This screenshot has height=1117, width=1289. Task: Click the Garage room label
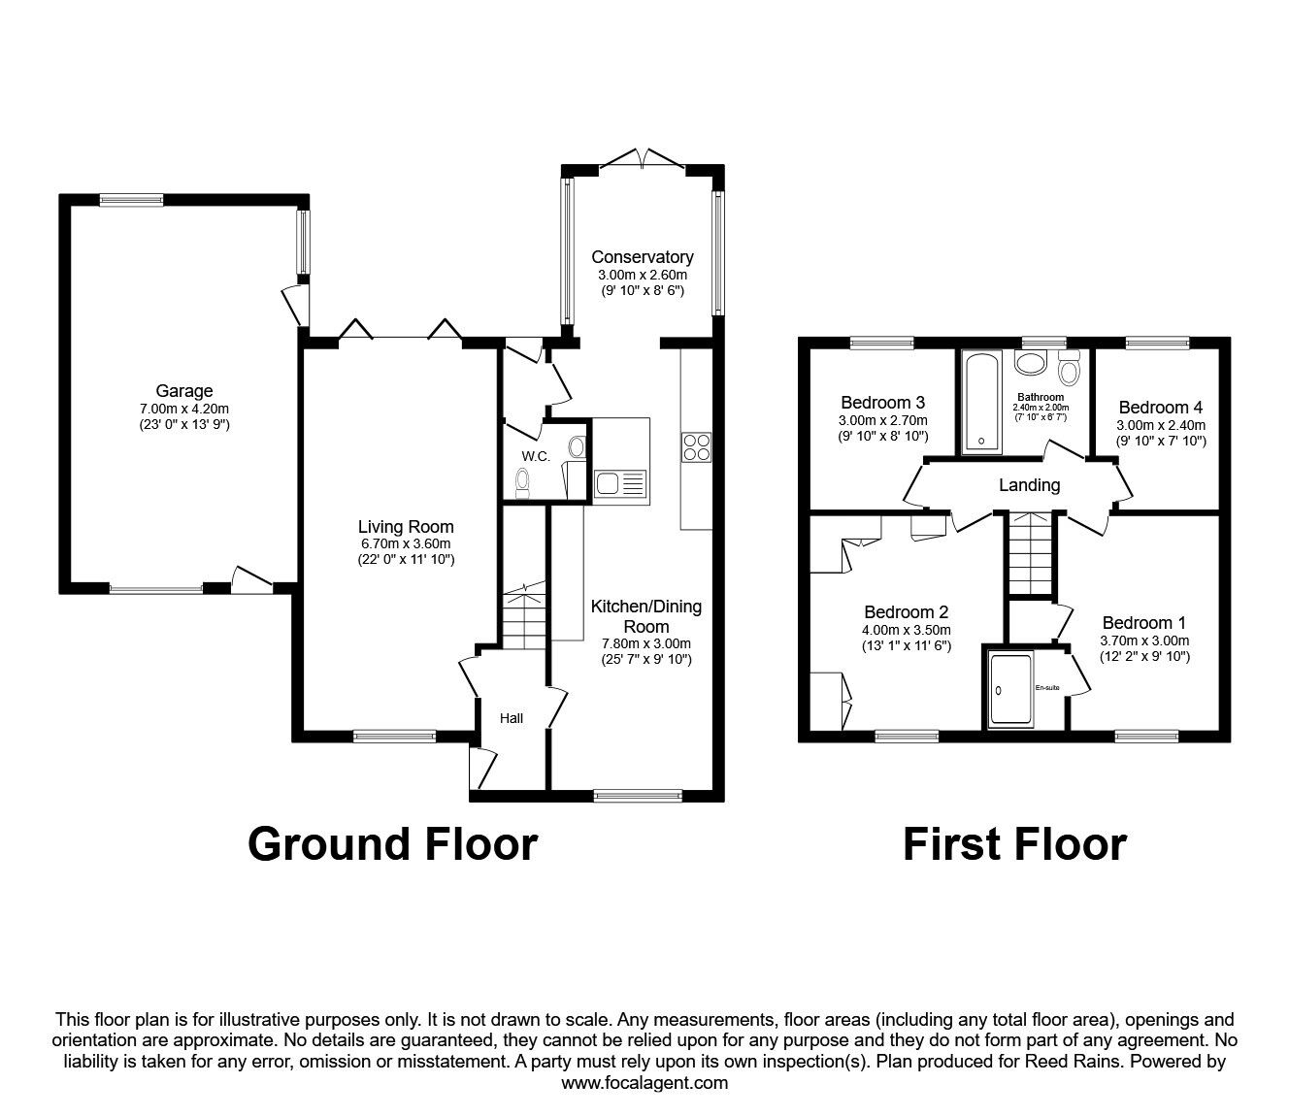[184, 391]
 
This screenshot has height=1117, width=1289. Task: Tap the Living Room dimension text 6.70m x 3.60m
[406, 543]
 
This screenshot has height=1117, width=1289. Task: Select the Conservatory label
[643, 257]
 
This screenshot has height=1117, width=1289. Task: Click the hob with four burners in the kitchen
[697, 446]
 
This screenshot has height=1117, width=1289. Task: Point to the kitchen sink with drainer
[621, 484]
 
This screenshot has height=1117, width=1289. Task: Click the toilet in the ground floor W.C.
[522, 484]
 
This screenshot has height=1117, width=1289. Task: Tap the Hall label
[512, 718]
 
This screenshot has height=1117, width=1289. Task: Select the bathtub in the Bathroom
[981, 403]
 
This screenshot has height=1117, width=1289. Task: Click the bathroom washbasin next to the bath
[1031, 362]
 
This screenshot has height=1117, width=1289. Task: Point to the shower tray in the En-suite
[1010, 689]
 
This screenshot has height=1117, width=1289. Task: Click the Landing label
[1030, 485]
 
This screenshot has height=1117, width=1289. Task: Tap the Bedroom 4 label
[1161, 408]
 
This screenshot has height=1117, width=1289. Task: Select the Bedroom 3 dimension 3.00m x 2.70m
[883, 420]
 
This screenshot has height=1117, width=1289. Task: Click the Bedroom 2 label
[907, 611]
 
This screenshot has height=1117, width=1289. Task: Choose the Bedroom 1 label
[1144, 622]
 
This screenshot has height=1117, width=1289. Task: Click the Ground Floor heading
[393, 844]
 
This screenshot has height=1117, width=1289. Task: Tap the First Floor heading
[1014, 844]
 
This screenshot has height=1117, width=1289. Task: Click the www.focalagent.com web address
[644, 1083]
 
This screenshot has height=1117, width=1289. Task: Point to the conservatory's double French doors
[643, 158]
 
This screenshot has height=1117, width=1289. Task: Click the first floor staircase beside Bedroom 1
[1031, 553]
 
